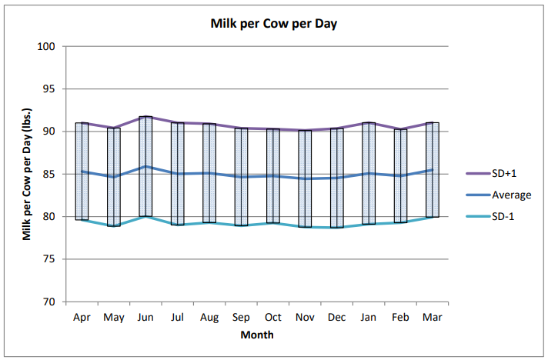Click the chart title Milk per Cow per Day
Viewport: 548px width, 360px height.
tap(274, 23)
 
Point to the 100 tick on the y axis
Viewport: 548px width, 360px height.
tap(48, 46)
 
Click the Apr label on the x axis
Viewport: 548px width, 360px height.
tap(82, 317)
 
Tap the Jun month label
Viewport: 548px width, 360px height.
tap(145, 317)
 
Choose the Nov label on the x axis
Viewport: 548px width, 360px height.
tap(305, 317)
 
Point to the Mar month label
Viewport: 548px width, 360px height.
tap(433, 317)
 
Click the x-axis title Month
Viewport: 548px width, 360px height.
tap(257, 335)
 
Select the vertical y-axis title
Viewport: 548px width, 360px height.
tap(26, 174)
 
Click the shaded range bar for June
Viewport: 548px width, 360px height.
tap(145, 166)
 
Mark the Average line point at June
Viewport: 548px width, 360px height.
tap(145, 166)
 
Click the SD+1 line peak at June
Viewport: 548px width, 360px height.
tap(145, 117)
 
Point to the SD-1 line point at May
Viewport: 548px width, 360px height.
tap(113, 225)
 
